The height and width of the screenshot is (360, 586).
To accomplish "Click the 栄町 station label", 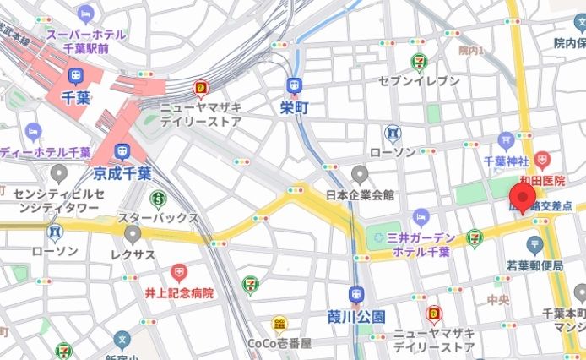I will (294, 106).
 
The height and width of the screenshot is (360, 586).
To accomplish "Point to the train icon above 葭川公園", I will (356, 296).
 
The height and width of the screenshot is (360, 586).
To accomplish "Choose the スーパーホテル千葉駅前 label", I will (86, 42).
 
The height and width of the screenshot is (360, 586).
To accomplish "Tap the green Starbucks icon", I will (158, 199).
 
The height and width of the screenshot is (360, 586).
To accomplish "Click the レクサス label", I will (131, 253).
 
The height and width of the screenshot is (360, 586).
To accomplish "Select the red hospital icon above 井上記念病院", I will (178, 272).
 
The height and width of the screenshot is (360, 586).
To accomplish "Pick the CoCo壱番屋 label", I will (279, 343).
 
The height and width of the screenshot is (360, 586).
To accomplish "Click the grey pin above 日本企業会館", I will (361, 175).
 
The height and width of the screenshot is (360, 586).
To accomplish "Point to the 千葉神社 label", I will (506, 161).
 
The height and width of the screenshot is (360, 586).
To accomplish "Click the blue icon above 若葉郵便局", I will (534, 245).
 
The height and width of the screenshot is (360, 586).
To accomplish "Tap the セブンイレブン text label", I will (420, 80).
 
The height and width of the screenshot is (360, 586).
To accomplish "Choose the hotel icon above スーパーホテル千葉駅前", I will (86, 14).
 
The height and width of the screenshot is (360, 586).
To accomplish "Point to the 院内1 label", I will (471, 52).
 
